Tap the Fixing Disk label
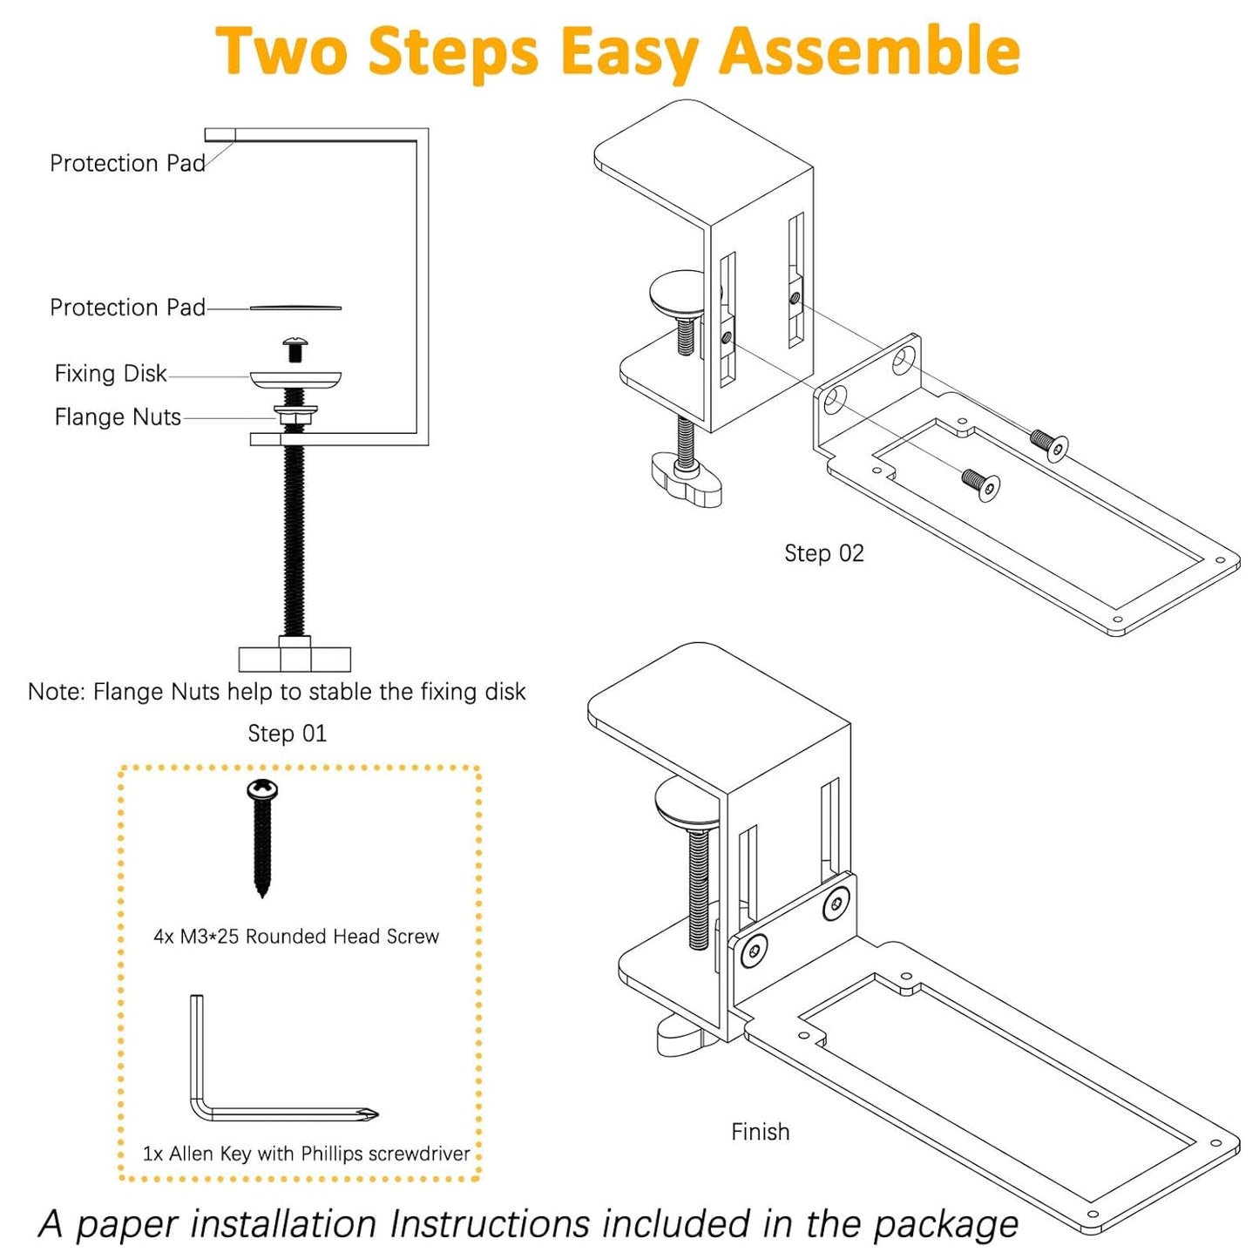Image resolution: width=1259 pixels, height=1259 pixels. (111, 374)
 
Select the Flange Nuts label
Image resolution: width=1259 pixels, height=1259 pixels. (118, 417)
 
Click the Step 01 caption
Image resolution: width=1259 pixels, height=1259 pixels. (287, 734)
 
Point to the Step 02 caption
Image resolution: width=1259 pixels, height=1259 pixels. (823, 553)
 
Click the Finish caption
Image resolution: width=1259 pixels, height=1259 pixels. (760, 1132)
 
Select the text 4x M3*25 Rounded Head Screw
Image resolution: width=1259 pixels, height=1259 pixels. (296, 937)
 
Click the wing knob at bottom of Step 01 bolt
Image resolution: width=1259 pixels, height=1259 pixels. (294, 658)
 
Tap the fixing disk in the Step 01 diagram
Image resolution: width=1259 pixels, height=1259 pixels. (295, 378)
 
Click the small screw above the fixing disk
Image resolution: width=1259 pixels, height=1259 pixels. (296, 349)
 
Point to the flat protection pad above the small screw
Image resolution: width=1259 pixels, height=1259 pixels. (295, 308)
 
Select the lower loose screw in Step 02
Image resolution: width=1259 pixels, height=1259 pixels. (981, 484)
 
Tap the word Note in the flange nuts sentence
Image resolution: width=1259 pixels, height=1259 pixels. (56, 692)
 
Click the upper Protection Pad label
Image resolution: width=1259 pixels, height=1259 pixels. (127, 164)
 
